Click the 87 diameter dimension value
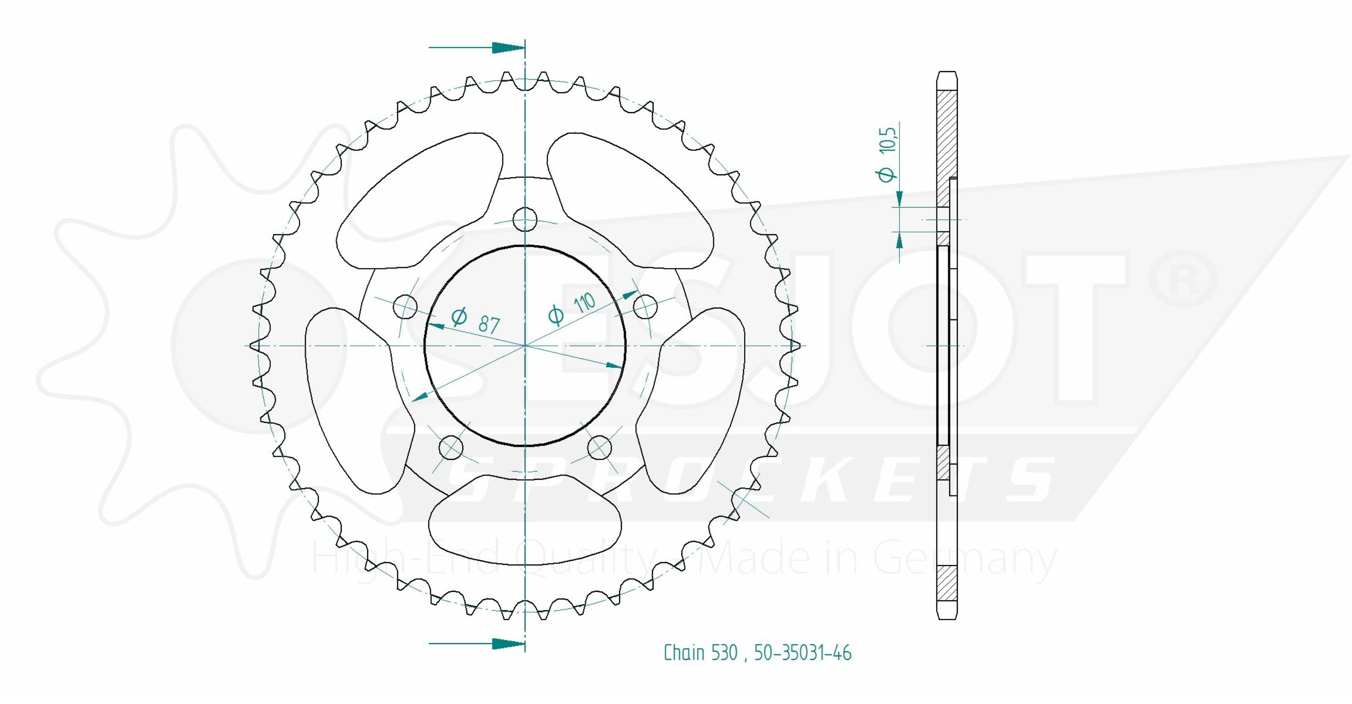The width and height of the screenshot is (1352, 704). tap(489, 325)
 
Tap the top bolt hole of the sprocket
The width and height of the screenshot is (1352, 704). tap(525, 219)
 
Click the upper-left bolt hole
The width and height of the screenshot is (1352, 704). tap(405, 306)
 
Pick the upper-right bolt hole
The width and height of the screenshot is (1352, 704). tap(645, 306)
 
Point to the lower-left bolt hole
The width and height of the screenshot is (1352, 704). tap(451, 447)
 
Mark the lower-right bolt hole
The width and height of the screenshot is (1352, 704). tap(599, 447)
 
